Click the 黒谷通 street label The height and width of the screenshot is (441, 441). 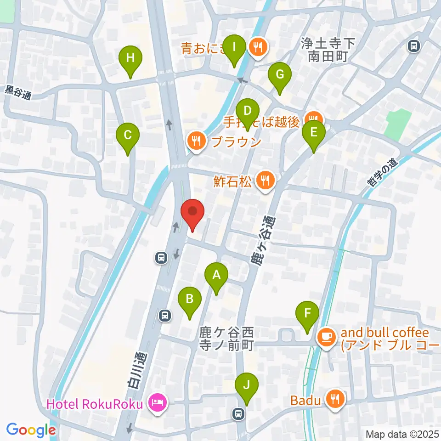(18, 93)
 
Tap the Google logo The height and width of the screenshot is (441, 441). (31, 430)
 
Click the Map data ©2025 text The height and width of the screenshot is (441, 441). (401, 434)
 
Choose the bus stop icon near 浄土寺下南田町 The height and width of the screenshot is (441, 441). (414, 46)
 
